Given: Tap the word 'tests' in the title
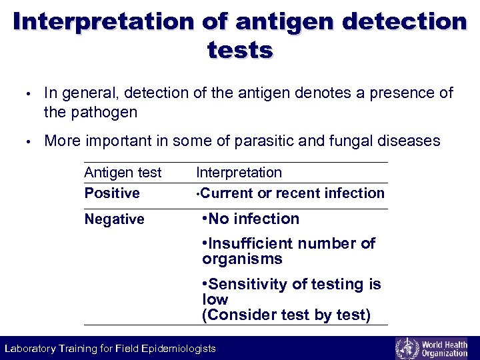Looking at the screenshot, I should pos(240,50).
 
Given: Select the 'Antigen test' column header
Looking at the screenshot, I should pos(123,173).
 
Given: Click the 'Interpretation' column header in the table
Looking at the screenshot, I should pos(239,173).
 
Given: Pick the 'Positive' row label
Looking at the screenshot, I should pos(112,193).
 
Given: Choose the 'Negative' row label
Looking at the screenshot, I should pos(114,219).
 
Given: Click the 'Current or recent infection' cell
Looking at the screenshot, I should pos(291,193).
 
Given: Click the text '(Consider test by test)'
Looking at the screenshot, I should pos(286,315).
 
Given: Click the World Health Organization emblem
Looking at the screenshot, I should pos(407,348).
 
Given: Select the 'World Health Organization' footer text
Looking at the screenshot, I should pos(445,348).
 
